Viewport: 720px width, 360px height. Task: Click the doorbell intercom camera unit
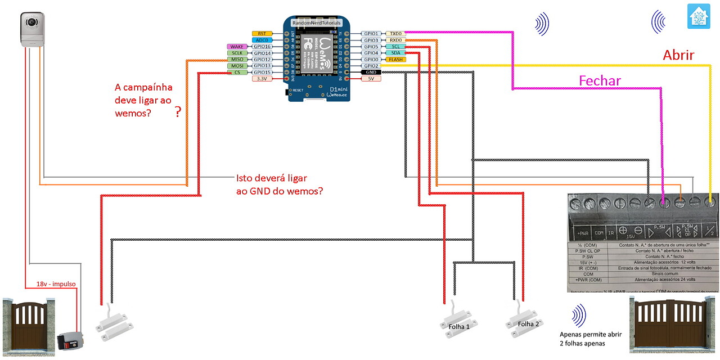click(32, 29)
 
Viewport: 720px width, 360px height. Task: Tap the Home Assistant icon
click(699, 16)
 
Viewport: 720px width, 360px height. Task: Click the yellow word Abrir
click(678, 55)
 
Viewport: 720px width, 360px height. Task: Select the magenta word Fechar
click(600, 81)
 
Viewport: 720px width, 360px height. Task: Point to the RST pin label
click(262, 34)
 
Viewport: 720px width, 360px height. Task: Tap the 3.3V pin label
click(262, 79)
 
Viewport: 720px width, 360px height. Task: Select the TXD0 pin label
click(395, 34)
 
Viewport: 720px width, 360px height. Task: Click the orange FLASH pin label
click(395, 60)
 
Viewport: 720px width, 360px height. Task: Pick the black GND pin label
click(371, 73)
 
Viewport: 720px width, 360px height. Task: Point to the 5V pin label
click(371, 79)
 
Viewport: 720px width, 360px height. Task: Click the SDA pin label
click(395, 53)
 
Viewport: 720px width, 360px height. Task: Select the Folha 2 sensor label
click(528, 324)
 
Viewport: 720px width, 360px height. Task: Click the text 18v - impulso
click(56, 285)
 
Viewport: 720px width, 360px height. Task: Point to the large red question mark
click(178, 112)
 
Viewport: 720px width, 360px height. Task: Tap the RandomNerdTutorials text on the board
click(316, 22)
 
